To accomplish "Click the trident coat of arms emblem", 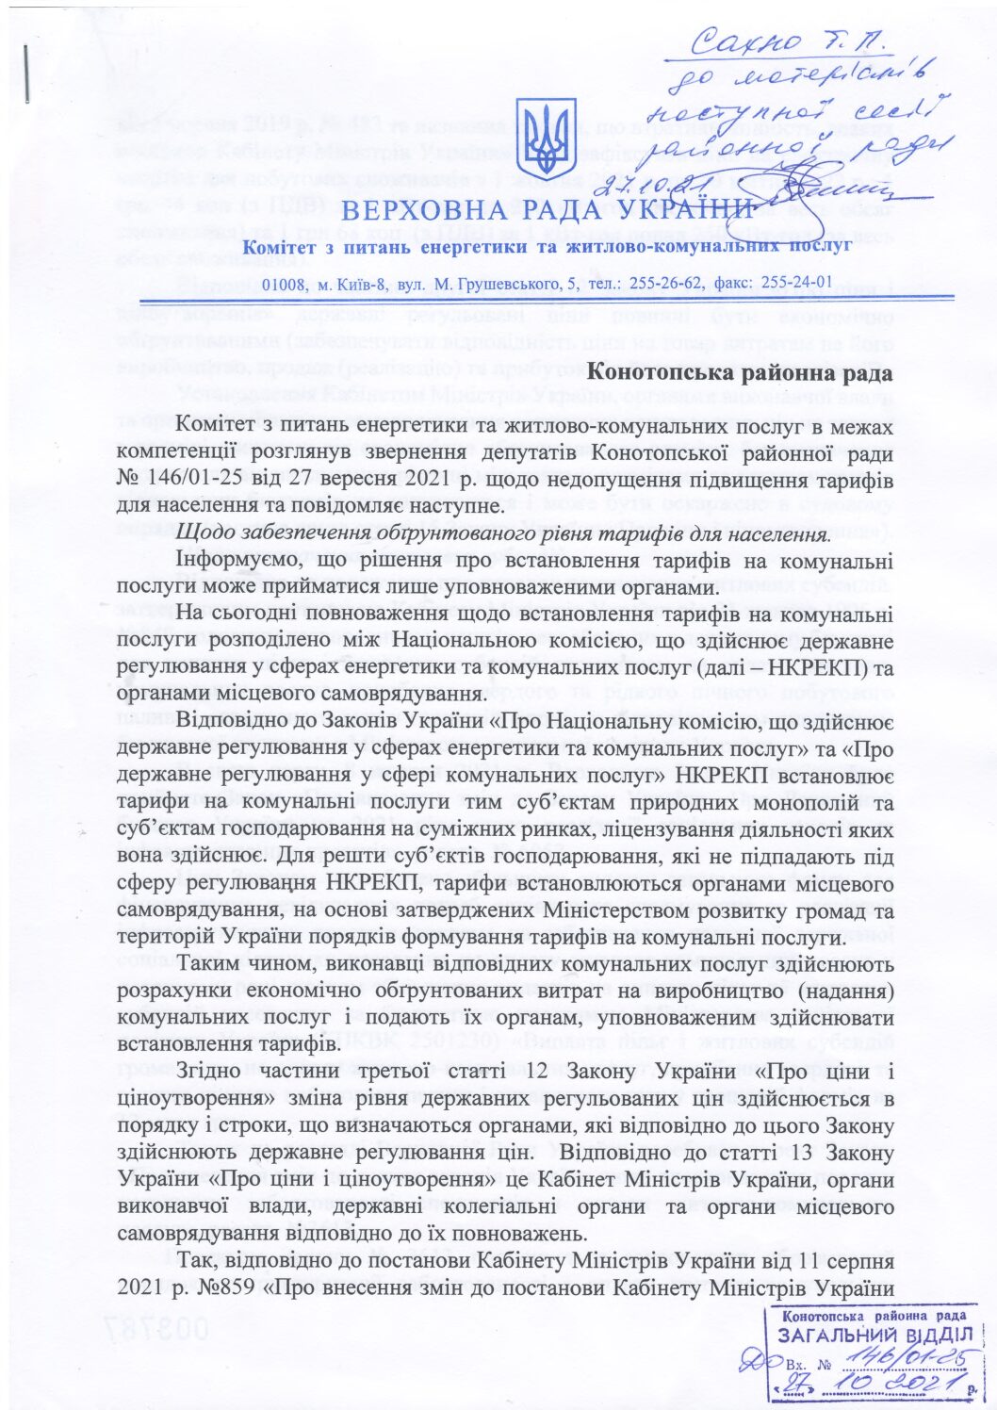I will coord(548,139).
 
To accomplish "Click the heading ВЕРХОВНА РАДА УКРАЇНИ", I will coord(548,210).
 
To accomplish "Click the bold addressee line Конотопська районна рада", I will coord(740,373).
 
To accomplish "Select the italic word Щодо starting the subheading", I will coord(203,534).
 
